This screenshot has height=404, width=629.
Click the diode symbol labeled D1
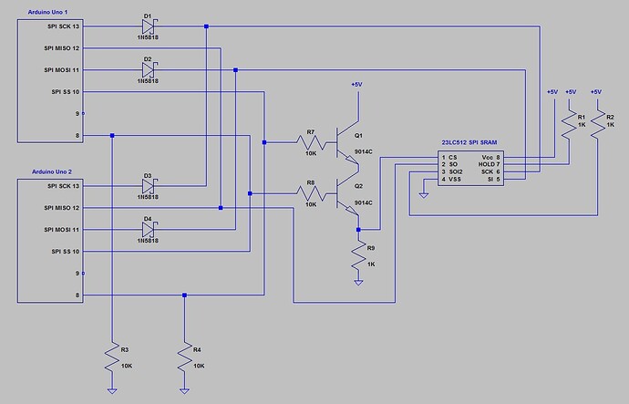148,26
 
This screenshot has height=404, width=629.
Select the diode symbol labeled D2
148,70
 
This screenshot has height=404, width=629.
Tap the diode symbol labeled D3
148,186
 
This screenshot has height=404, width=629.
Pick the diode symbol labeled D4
148,229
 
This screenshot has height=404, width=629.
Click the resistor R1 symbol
571,123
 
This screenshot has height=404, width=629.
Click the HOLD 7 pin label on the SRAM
489,164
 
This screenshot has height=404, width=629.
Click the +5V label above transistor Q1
356,85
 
